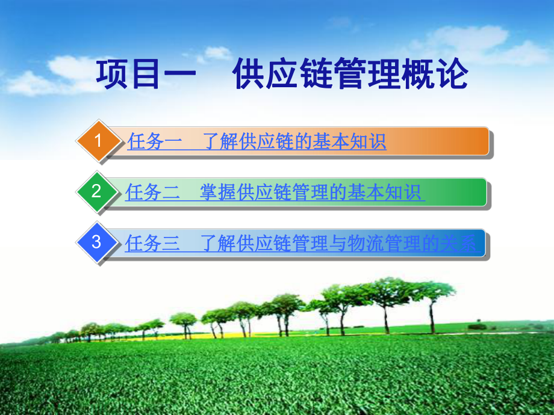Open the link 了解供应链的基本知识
pyautogui.click(x=294, y=142)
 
